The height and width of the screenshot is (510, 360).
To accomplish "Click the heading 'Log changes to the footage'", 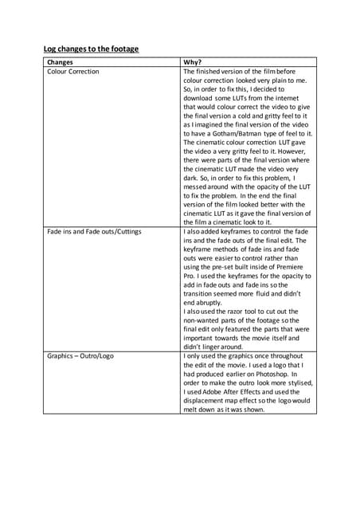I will point(91,49).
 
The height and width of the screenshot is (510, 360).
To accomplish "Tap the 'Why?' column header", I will point(194,61).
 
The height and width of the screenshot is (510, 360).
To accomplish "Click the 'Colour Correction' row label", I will point(73,71).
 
